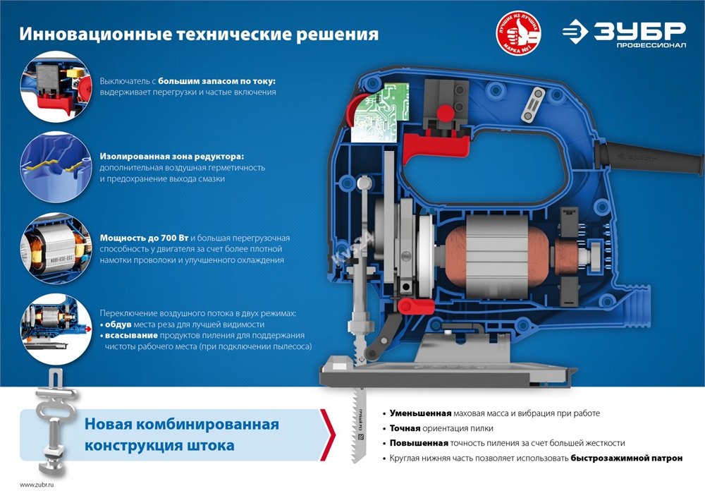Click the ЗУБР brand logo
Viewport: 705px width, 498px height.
[x=625, y=34]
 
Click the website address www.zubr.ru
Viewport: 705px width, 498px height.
[x=37, y=485]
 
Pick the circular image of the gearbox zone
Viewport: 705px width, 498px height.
[x=54, y=167]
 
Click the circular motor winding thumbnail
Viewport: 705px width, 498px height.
[x=54, y=248]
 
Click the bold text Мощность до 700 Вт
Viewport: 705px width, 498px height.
[x=144, y=238]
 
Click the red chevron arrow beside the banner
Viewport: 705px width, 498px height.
[x=327, y=435]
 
